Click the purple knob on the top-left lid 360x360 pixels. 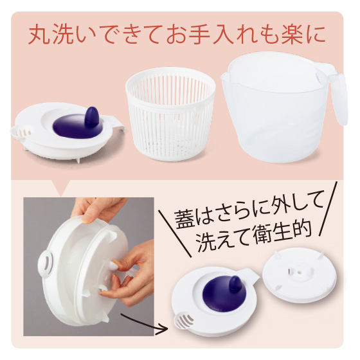tap(91, 117)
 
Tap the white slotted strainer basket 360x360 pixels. tap(170, 114)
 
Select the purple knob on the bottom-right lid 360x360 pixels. tap(235, 284)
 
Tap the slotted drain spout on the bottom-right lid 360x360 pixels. tap(184, 321)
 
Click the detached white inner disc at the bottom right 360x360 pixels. tap(296, 275)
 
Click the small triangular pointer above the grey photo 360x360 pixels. tap(60, 188)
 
